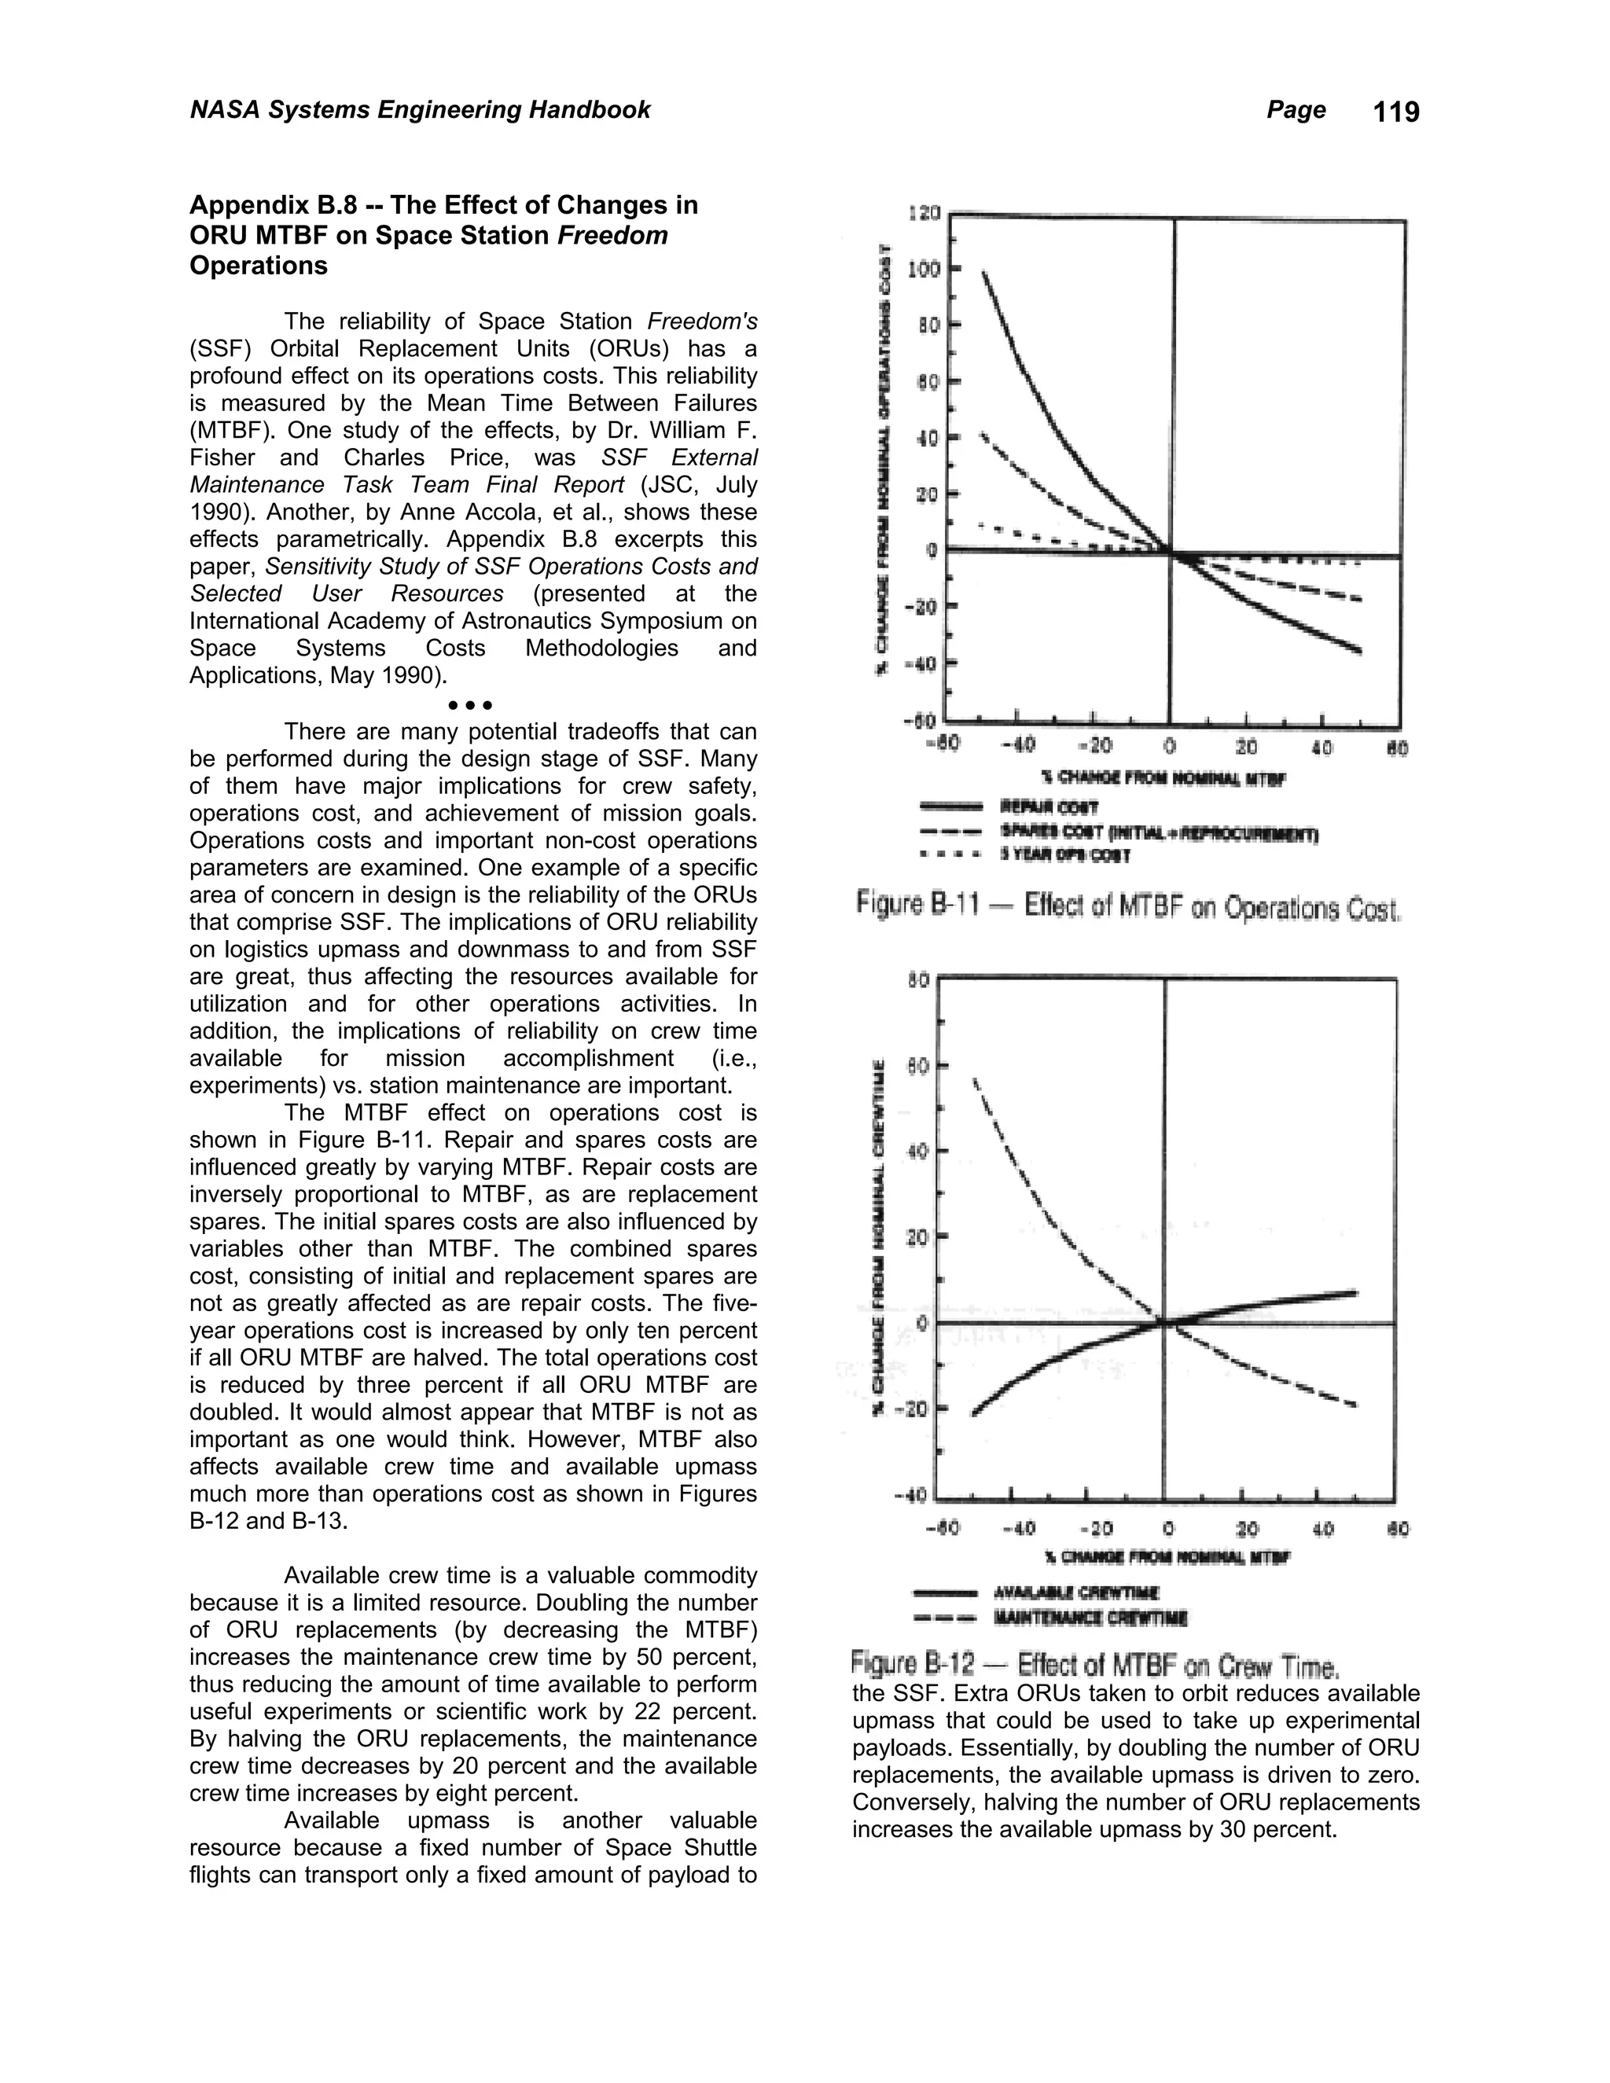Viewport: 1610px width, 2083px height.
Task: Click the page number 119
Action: [x=1396, y=112]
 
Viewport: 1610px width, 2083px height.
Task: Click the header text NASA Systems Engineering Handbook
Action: [x=420, y=110]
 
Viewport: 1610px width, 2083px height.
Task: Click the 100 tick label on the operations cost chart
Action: [x=923, y=270]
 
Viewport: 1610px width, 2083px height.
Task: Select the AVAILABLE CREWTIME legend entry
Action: [x=1076, y=1593]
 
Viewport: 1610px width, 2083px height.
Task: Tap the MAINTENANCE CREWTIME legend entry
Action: [x=1090, y=1618]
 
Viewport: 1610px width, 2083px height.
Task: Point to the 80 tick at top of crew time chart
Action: [x=917, y=979]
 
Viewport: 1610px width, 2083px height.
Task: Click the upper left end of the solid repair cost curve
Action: [x=984, y=273]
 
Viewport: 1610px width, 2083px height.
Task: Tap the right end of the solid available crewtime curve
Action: [x=1355, y=1293]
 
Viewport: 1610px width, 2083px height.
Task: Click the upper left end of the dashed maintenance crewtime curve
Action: [x=975, y=1081]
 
